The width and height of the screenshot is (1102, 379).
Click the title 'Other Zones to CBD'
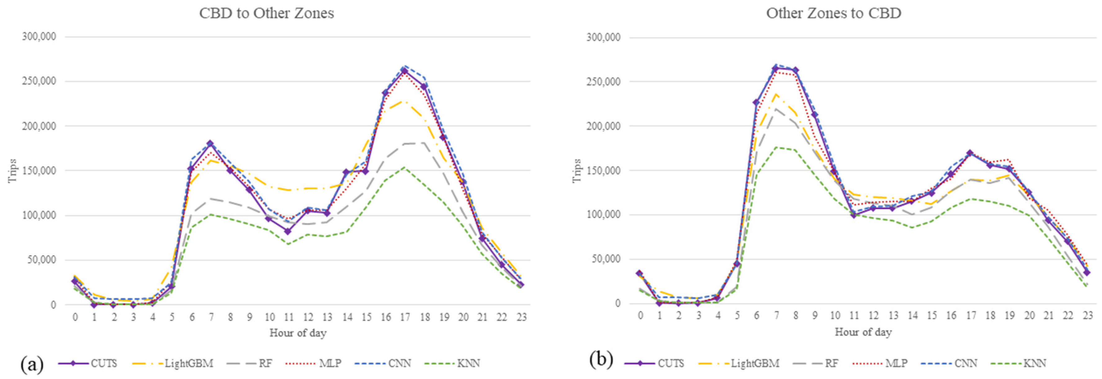pyautogui.click(x=833, y=13)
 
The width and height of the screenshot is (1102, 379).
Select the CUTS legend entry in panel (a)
pyautogui.click(x=103, y=363)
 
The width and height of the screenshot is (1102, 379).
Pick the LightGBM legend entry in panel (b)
pyautogui.click(x=755, y=363)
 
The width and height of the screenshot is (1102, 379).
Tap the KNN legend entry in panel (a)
pyautogui.click(x=468, y=363)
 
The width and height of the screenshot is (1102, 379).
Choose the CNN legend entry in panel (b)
pyautogui.click(x=965, y=363)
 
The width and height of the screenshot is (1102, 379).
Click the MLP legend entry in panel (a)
pyautogui.click(x=330, y=363)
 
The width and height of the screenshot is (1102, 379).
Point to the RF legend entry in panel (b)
pyautogui.click(x=831, y=363)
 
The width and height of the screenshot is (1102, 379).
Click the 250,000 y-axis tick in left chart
pyautogui.click(x=39, y=81)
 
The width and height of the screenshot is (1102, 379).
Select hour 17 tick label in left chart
pyautogui.click(x=405, y=317)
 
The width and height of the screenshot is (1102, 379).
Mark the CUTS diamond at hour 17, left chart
pyautogui.click(x=405, y=71)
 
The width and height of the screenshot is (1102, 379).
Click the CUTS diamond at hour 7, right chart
pyautogui.click(x=776, y=69)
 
